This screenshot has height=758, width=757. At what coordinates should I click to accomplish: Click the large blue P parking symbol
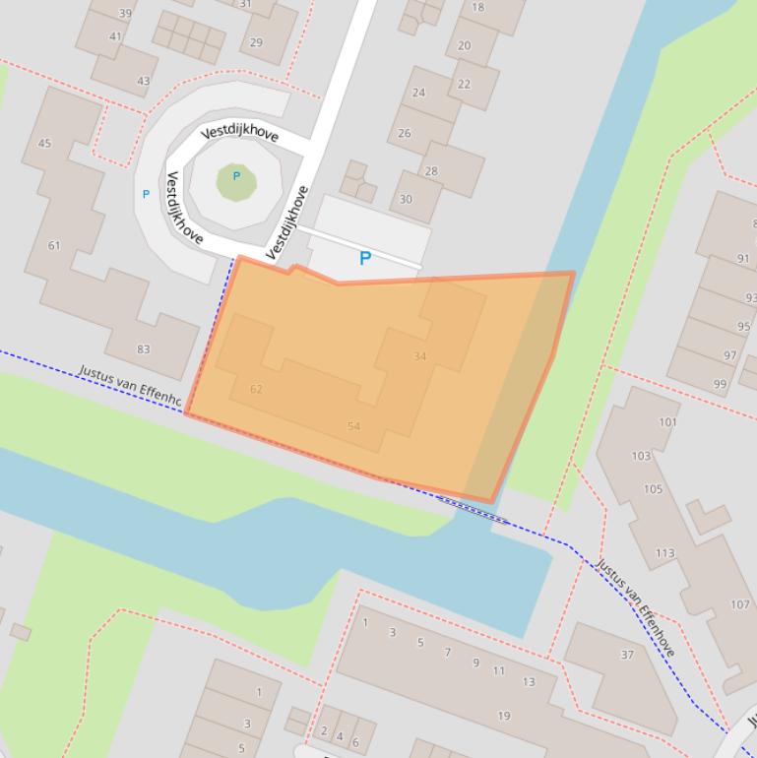point(365,259)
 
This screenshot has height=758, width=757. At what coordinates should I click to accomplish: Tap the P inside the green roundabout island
point(236,177)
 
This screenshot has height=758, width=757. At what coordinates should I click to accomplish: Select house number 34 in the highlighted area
point(420,356)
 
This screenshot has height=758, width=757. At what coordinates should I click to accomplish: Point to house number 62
point(256,390)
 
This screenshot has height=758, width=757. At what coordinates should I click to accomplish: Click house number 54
point(353,426)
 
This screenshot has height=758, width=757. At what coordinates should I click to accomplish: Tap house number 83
point(144,349)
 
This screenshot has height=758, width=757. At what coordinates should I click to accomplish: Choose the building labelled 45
point(44,144)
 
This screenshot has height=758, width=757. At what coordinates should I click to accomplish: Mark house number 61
point(54,246)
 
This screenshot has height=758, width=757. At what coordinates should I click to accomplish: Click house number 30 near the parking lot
point(407,200)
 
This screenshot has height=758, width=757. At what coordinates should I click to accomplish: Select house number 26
point(405,134)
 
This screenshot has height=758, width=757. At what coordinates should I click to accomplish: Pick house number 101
point(668,422)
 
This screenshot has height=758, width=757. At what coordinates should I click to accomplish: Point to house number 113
point(664,554)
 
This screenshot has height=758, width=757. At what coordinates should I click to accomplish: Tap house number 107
point(739,605)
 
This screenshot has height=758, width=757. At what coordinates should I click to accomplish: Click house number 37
point(627,655)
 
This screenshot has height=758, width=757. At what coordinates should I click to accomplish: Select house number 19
point(504,717)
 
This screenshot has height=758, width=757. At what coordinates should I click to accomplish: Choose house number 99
point(720,385)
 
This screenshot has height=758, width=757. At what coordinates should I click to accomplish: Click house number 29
point(256,42)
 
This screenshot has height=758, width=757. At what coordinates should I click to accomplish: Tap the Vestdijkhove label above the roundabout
point(240,134)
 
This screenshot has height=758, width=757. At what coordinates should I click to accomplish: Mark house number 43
point(144,82)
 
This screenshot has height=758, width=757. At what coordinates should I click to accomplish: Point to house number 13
point(529,682)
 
